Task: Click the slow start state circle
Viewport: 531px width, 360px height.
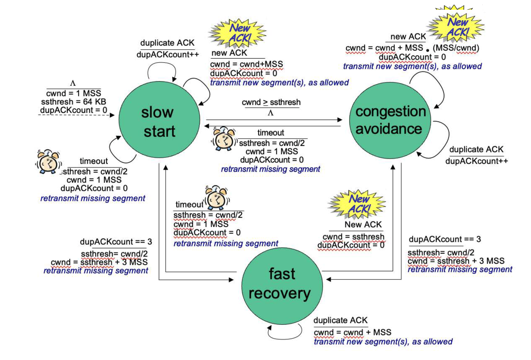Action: coord(159,120)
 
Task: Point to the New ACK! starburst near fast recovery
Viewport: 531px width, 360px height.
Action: coord(357,204)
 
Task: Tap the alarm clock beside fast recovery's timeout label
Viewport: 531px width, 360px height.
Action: coord(217,198)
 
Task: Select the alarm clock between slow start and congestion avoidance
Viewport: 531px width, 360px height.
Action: coord(224,139)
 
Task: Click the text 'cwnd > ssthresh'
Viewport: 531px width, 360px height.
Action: coord(271,102)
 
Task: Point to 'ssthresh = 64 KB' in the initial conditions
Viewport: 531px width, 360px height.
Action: coord(74,102)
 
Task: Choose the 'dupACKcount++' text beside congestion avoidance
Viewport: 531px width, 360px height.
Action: coord(476,161)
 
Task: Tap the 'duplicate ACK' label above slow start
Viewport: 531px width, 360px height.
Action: coord(167,43)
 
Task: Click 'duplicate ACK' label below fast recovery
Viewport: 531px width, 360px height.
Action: coord(340,320)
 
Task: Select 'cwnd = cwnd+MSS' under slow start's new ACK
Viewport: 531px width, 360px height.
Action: coord(246,64)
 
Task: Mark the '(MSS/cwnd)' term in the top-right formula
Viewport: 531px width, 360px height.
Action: coord(456,48)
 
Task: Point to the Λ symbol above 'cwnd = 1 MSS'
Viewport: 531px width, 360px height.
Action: coord(73,84)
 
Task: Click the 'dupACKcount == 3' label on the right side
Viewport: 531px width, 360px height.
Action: coord(445,239)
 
